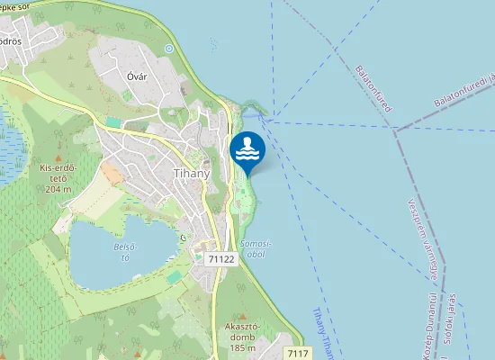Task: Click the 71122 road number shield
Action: click(x=220, y=258)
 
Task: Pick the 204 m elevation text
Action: click(x=58, y=189)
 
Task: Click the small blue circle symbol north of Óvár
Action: click(x=168, y=48)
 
